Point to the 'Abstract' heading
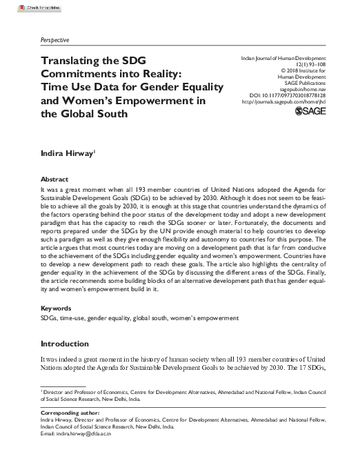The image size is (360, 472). (56, 177)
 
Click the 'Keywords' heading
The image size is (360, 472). (58, 307)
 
